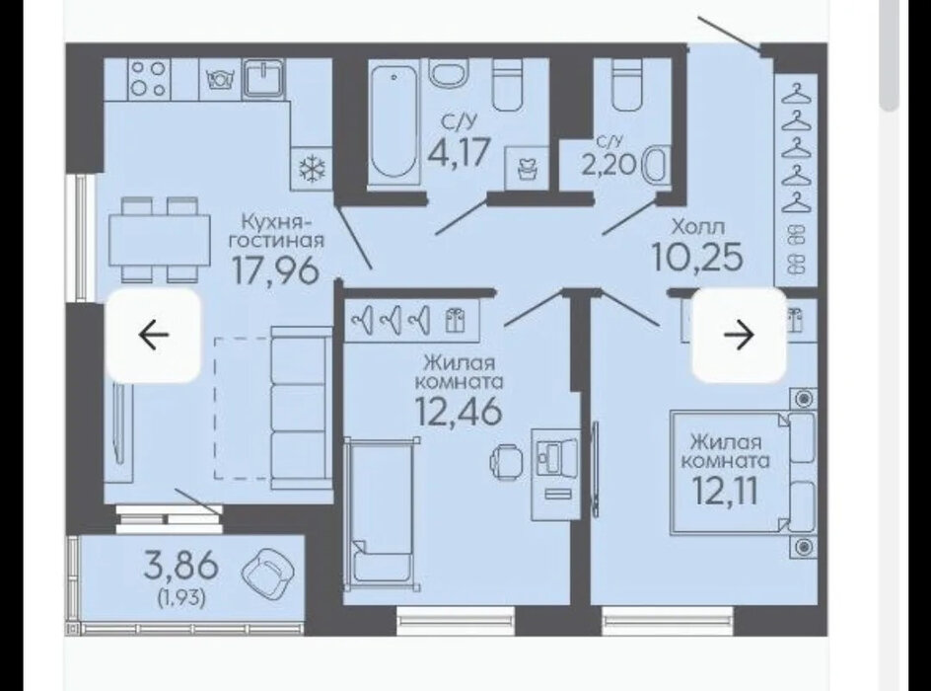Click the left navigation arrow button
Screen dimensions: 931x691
[153, 335]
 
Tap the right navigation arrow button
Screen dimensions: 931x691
[740, 335]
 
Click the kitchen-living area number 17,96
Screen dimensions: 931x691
[275, 270]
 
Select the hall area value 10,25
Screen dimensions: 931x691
[697, 257]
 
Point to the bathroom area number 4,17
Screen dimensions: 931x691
[460, 151]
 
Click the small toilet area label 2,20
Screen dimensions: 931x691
[609, 164]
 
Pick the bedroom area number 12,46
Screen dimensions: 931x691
[459, 412]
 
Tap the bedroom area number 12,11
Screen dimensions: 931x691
[726, 492]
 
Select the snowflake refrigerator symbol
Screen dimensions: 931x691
[311, 169]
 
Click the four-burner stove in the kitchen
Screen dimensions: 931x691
[148, 78]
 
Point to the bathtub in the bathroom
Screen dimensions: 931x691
[392, 123]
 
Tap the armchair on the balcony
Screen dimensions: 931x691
[267, 574]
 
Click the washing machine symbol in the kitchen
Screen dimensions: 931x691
[220, 79]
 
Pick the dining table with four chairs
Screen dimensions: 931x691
[160, 240]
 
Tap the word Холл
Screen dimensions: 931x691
[698, 226]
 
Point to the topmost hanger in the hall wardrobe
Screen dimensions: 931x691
[796, 92]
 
